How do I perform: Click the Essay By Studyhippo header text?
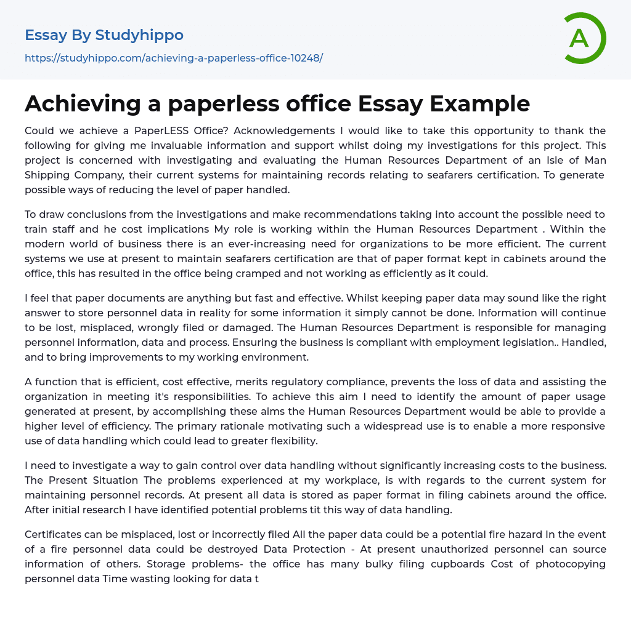[x=104, y=35]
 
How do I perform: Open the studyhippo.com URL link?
[x=174, y=58]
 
